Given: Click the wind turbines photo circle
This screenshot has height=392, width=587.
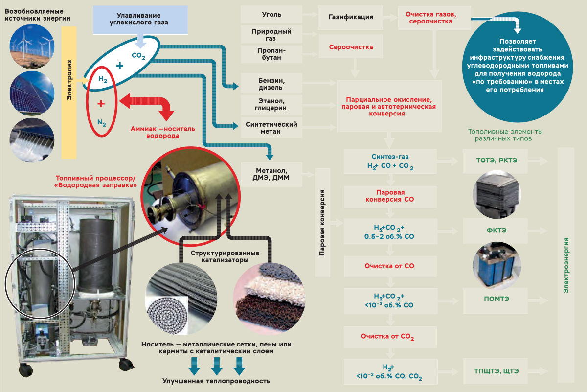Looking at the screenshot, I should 31,45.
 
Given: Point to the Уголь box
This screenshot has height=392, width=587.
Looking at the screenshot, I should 271,15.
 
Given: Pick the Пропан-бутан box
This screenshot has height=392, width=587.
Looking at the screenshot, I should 271,54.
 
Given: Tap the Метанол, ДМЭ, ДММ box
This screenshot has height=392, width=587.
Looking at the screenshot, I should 271,174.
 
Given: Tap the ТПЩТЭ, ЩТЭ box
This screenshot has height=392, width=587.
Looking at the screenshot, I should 496,371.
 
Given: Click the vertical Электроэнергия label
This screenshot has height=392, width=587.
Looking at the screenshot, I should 565,264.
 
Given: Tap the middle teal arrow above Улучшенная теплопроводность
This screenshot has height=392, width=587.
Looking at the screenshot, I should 217,365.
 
